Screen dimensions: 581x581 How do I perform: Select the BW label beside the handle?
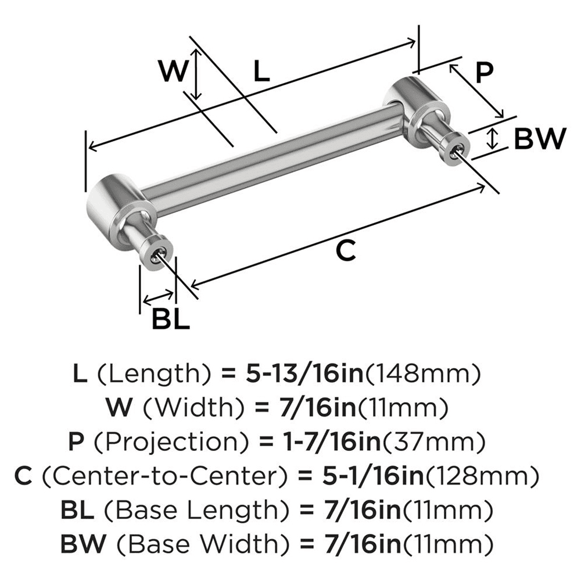(540, 139)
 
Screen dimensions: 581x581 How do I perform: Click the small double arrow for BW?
(493, 139)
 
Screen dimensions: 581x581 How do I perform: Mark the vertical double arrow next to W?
(198, 73)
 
